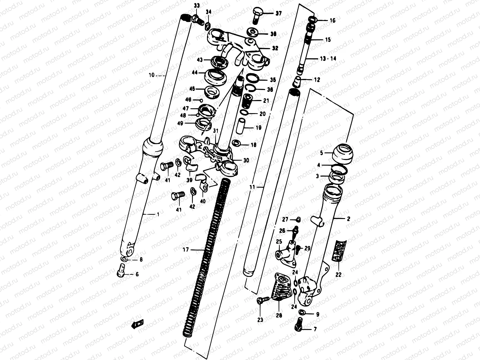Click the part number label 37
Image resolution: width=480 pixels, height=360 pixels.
[x=279, y=13]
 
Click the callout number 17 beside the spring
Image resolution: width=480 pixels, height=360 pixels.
[x=186, y=249]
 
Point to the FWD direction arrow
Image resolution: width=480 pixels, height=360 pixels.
[x=137, y=324]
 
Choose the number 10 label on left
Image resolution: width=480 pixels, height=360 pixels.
[x=151, y=75]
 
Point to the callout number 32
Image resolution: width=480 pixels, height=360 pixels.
[x=275, y=48]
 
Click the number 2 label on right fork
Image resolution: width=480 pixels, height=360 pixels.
[x=348, y=219]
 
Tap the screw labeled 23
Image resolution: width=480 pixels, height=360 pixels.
[x=260, y=301]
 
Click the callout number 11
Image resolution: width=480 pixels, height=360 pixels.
[x=252, y=187]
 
